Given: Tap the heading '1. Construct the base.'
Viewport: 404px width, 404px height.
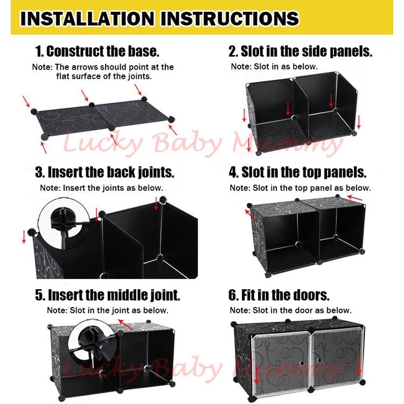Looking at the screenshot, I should tap(97, 52).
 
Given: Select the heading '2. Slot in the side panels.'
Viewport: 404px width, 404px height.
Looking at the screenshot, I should tap(300, 52).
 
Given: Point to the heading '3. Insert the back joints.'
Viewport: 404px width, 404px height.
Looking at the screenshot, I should tap(105, 172).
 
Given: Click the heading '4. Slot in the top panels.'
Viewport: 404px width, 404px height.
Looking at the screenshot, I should tap(297, 172).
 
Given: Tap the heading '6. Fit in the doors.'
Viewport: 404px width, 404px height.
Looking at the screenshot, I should tap(279, 295).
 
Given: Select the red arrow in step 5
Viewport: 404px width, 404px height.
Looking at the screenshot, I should tap(125, 324).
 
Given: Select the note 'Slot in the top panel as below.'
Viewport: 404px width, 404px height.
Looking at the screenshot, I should tap(300, 188).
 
